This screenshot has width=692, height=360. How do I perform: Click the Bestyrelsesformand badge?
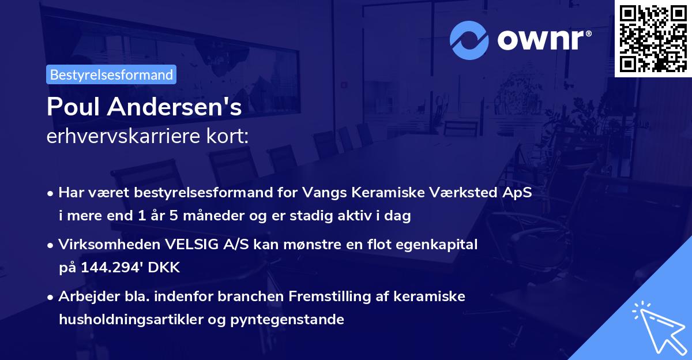coord(111,74)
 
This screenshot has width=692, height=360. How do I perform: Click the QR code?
coord(653,39)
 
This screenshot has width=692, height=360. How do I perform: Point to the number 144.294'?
coord(108,268)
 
